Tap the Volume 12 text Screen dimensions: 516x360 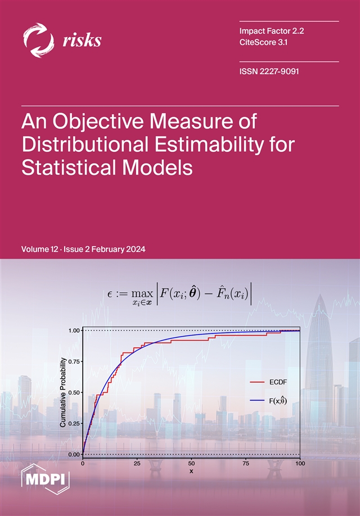tap(39, 250)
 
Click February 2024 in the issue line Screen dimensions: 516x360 tap(120, 250)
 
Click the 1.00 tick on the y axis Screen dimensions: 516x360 tap(74, 331)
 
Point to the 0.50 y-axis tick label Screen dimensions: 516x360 tap(74, 392)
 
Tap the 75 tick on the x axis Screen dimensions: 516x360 tap(246, 463)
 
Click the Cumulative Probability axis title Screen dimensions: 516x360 tap(63, 392)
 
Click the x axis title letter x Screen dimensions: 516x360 tap(191, 471)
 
